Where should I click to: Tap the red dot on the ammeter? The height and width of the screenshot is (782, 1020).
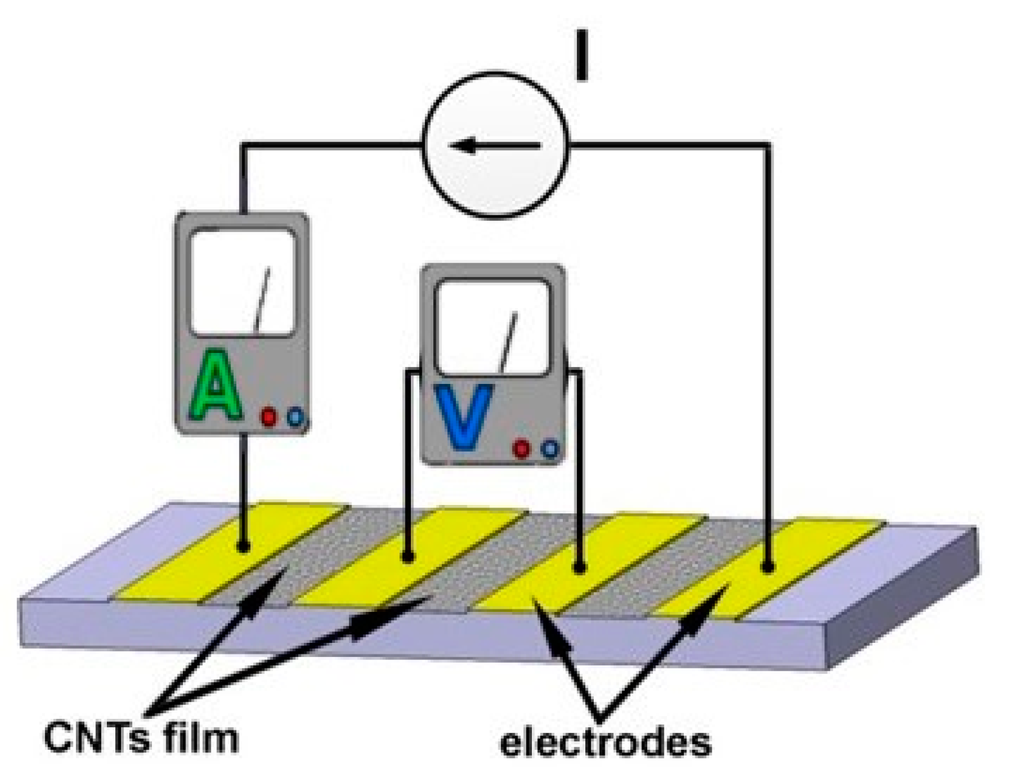click(269, 417)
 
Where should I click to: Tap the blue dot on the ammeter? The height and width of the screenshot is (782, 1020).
click(294, 417)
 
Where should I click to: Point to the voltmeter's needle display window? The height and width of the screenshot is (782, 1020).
click(493, 327)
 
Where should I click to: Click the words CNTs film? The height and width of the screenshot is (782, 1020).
click(141, 737)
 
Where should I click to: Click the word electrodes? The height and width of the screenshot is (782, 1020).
click(605, 742)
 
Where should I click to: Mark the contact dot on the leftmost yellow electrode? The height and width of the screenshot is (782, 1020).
click(243, 547)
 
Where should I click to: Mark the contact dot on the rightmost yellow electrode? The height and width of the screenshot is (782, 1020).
click(767, 567)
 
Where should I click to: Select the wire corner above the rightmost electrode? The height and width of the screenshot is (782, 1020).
click(768, 146)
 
